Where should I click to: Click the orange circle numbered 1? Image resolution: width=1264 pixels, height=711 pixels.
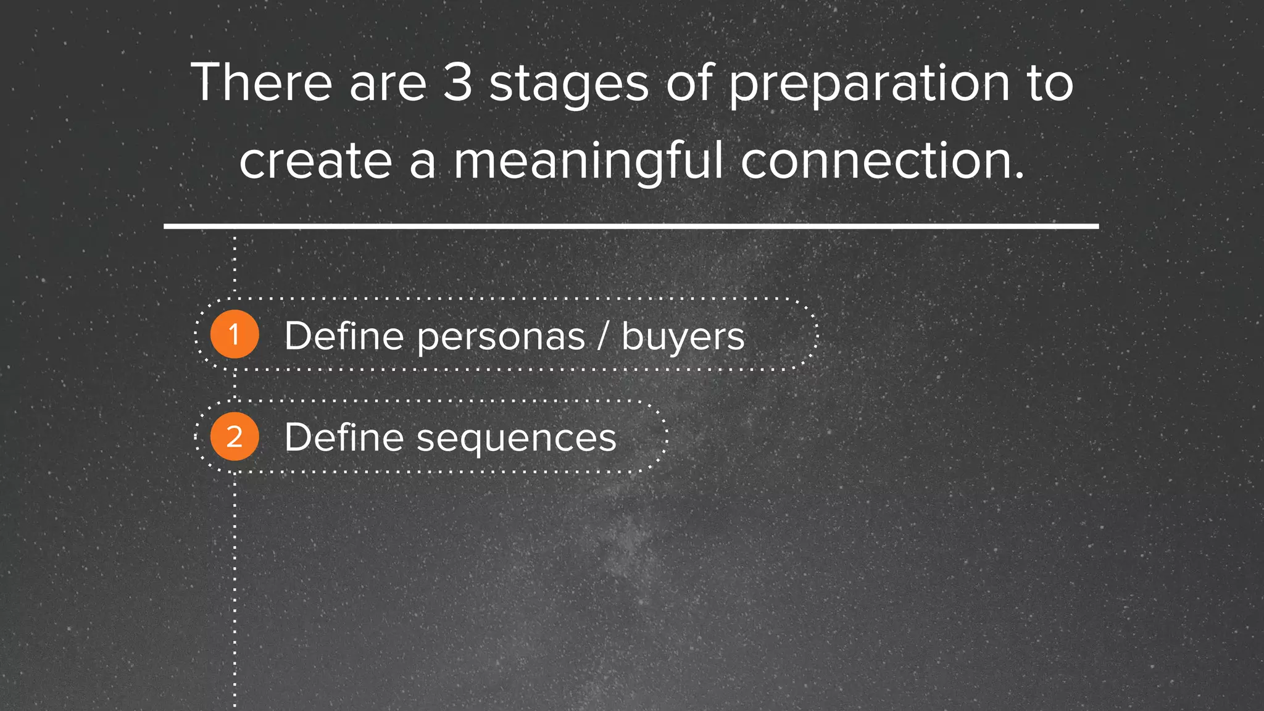tap(234, 335)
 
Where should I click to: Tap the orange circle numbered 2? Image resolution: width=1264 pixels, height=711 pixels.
tap(234, 437)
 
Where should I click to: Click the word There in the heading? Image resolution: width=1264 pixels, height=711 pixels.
tap(262, 83)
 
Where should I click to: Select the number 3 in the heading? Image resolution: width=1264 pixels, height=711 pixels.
tap(457, 83)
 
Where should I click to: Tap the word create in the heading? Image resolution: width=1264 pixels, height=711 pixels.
tap(315, 162)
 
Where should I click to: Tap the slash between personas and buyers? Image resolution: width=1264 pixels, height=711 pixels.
tap(603, 337)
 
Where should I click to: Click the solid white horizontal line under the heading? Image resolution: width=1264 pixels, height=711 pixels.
tap(631, 227)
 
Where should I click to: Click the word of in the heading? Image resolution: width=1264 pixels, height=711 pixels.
tap(689, 83)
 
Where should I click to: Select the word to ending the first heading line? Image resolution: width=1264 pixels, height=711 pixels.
tap(1050, 84)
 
